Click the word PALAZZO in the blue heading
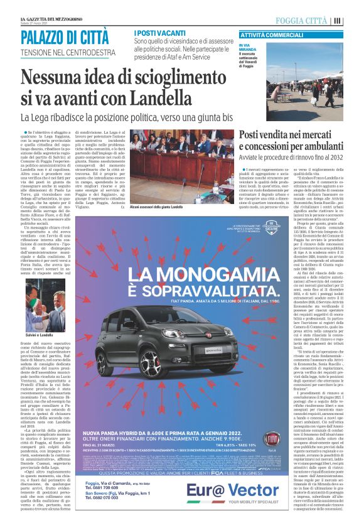pyautogui.click(x=43, y=38)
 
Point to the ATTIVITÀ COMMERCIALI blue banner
pyautogui.click(x=272, y=35)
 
